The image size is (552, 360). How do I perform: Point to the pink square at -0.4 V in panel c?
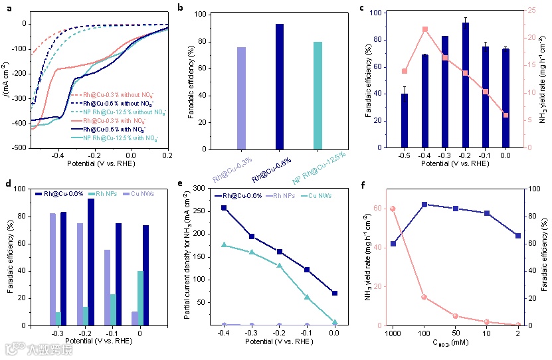(x=424, y=29)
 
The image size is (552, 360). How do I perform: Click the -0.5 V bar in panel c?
(x=405, y=120)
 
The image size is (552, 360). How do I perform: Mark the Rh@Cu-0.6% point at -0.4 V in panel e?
(x=224, y=208)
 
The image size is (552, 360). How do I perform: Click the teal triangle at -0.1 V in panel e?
(x=307, y=298)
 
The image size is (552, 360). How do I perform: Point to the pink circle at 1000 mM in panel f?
(x=393, y=209)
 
